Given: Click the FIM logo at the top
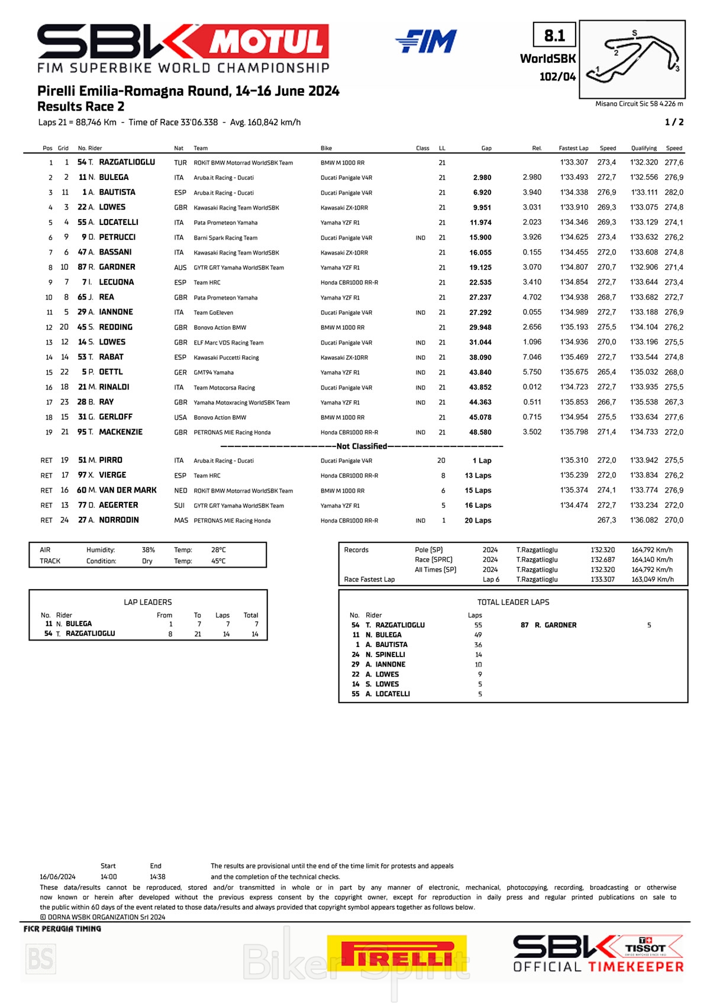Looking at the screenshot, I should pyautogui.click(x=426, y=41).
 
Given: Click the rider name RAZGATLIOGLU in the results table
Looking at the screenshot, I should pyautogui.click(x=127, y=162).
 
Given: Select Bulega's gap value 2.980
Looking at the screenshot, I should pyautogui.click(x=482, y=178).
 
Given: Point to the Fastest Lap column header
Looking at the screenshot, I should pyautogui.click(x=573, y=148).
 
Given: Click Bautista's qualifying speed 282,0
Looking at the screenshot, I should pyautogui.click(x=674, y=192).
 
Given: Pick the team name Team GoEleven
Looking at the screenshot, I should pyautogui.click(x=214, y=313).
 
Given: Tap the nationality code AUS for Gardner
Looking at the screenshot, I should pyautogui.click(x=180, y=268).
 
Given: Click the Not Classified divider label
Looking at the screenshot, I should pyautogui.click(x=362, y=446).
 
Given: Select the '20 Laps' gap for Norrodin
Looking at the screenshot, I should pyautogui.click(x=478, y=521).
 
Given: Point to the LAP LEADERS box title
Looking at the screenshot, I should pyautogui.click(x=148, y=602).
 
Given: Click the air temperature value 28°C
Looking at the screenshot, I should pyautogui.click(x=218, y=550).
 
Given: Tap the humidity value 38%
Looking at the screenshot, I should pyautogui.click(x=149, y=550).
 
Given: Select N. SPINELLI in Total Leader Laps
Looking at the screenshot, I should pyautogui.click(x=385, y=655).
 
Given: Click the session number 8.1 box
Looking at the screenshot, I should pyautogui.click(x=554, y=36).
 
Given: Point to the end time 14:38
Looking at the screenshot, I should pyautogui.click(x=157, y=877).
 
